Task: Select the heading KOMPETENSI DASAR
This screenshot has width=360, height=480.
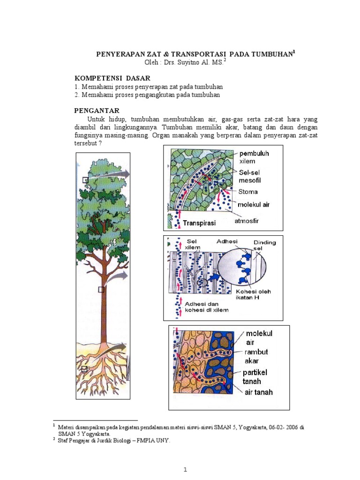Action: click(112, 78)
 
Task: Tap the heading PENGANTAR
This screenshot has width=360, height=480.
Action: click(97, 111)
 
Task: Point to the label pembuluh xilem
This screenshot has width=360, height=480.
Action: click(254, 157)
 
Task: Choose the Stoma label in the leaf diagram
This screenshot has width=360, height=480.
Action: click(248, 192)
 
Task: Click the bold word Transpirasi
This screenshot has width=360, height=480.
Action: click(199, 223)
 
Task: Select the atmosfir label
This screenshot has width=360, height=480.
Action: click(247, 221)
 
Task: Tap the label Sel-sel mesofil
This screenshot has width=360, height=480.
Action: click(250, 177)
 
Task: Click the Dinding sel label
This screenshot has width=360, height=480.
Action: click(264, 245)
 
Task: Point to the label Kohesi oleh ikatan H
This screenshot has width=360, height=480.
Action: click(253, 294)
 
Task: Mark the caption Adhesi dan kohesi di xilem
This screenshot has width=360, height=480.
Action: click(207, 307)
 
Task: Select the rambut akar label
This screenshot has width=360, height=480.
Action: click(256, 356)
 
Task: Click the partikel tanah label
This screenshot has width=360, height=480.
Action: click(255, 377)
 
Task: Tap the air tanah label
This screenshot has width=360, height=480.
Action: click(259, 392)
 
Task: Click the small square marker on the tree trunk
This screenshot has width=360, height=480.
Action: click(101, 289)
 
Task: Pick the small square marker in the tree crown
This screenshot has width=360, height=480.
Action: click(85, 180)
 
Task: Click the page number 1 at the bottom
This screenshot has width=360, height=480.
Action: click(185, 470)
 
